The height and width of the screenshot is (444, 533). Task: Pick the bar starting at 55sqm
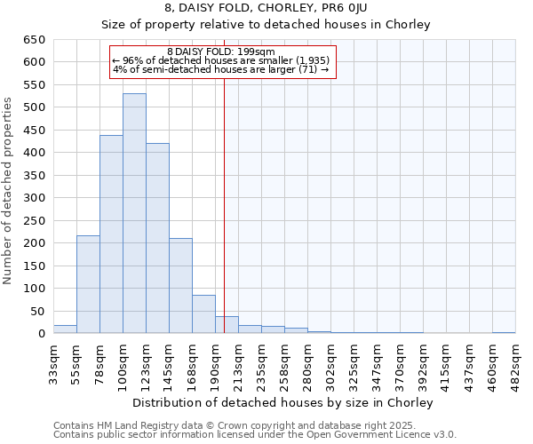coord(88,284)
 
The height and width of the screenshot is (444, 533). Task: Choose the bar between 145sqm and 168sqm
coord(180,286)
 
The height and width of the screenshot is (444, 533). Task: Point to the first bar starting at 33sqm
coord(65,329)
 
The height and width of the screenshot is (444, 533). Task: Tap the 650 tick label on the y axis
coord(33,40)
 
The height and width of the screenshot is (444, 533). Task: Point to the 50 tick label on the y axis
coord(36,312)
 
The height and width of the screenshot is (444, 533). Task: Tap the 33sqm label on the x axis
coord(54,364)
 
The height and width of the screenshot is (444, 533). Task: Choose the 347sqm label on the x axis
coord(378,364)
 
